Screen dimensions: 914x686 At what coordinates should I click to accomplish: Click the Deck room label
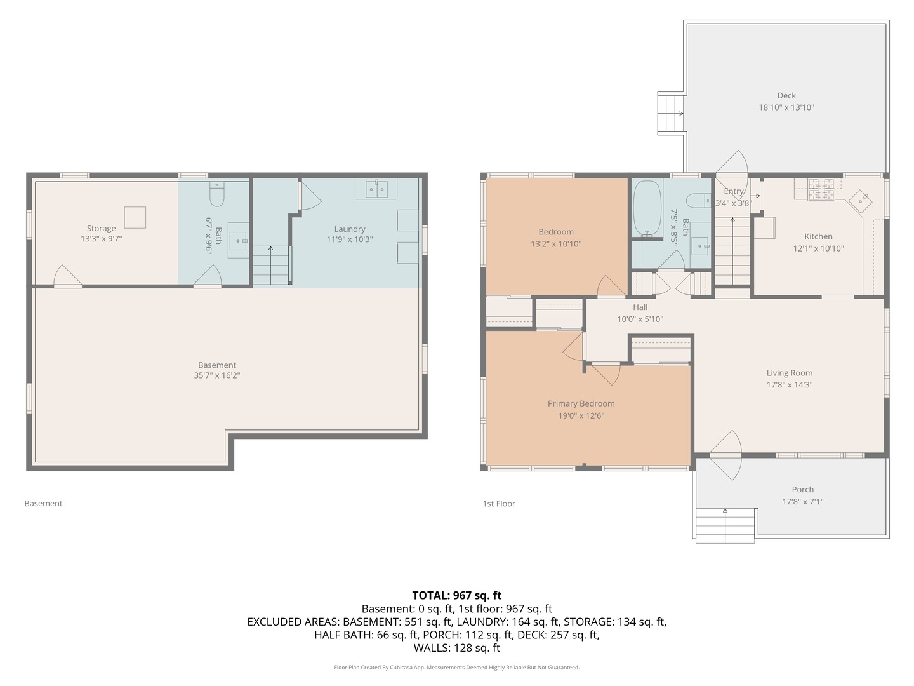(786, 95)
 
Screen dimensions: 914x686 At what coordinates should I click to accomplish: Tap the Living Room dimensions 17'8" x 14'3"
(790, 384)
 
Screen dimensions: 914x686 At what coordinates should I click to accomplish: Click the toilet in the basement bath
(217, 194)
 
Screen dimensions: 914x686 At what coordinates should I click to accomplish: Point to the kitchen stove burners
(821, 189)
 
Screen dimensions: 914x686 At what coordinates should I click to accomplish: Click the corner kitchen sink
(860, 201)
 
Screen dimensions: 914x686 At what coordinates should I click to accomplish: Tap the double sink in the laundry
(376, 189)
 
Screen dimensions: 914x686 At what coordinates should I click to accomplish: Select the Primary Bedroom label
(581, 403)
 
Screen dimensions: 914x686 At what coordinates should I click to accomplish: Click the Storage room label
(101, 228)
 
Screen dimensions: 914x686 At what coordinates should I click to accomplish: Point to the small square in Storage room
(135, 217)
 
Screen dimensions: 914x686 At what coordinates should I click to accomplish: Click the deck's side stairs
(671, 113)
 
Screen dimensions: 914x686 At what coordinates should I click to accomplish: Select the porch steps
(725, 525)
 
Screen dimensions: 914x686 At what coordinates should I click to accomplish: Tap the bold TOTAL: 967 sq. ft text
(457, 595)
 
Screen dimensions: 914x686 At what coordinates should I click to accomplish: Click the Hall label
(640, 307)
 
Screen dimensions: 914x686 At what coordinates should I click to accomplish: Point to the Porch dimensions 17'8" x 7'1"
(802, 502)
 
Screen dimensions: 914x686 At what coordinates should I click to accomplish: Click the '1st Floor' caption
(499, 504)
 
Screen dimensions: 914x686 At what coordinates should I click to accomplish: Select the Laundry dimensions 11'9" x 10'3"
(349, 239)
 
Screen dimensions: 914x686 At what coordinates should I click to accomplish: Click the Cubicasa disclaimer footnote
(457, 667)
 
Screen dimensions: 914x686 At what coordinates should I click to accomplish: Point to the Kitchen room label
(818, 236)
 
